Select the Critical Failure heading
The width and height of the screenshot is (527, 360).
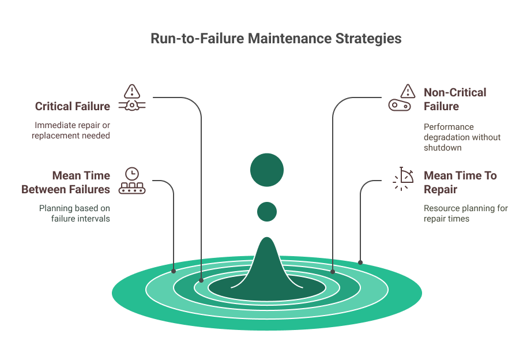(x=72, y=106)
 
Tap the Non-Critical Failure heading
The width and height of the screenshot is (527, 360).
(x=455, y=99)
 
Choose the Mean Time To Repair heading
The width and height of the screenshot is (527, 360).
(x=460, y=182)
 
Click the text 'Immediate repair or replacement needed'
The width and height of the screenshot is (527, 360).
(x=71, y=130)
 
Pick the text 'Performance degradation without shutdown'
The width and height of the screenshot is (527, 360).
(x=462, y=137)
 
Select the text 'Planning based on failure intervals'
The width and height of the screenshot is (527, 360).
(x=74, y=213)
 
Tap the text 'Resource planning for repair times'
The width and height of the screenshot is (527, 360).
(x=465, y=213)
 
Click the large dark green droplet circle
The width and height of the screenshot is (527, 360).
(x=267, y=170)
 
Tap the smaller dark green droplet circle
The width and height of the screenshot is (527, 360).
(x=267, y=212)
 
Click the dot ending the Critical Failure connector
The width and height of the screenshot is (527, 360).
(x=201, y=280)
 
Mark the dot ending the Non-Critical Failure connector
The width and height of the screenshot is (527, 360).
(x=333, y=271)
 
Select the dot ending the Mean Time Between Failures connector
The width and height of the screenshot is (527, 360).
(x=174, y=271)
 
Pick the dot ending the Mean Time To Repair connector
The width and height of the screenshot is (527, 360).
(x=360, y=262)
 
